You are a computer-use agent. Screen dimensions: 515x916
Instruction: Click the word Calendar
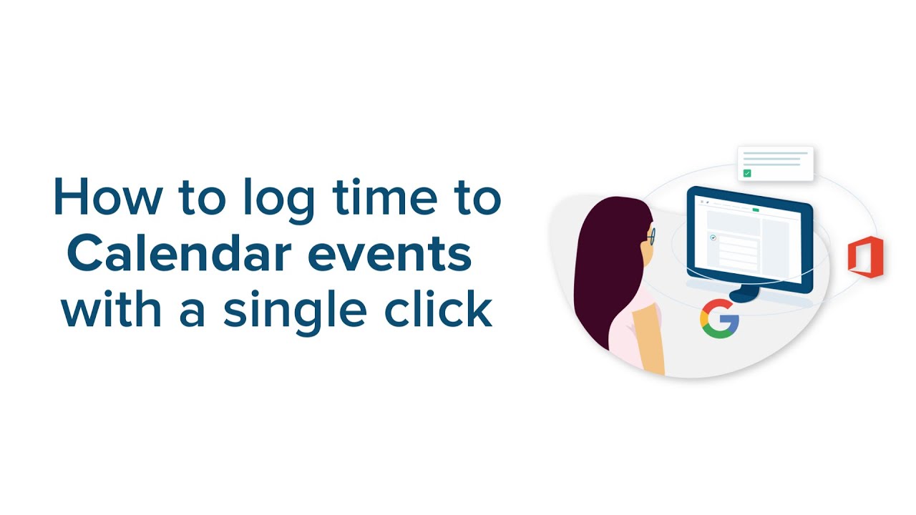187,254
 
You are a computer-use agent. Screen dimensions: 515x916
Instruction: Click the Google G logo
719,318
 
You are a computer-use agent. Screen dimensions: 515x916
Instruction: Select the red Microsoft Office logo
865,257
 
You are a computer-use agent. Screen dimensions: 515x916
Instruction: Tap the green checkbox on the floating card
747,173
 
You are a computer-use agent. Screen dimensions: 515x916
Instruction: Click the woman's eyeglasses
651,235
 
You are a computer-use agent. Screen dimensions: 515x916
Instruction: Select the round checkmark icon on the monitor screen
713,237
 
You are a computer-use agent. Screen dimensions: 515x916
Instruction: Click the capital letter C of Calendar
87,254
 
